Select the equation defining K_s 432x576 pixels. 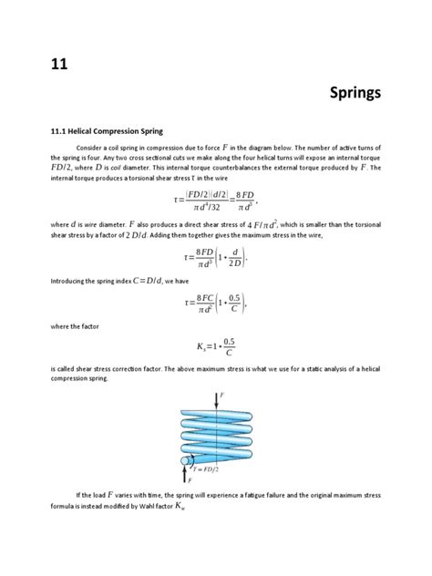pyautogui.click(x=215, y=346)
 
